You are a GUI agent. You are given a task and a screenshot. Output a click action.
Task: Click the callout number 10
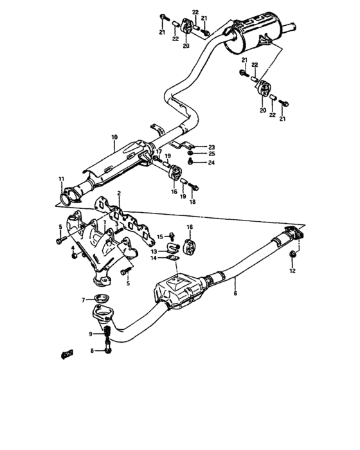tap(114, 137)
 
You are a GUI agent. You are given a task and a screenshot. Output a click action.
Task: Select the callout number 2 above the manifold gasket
tap(119, 193)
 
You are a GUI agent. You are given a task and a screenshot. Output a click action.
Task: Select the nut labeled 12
tap(293, 258)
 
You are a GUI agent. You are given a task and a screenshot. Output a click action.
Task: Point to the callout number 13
tap(154, 251)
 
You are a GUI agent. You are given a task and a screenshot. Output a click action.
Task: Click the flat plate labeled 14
tap(170, 258)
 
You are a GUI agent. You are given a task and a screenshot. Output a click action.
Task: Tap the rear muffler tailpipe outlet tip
tap(291, 28)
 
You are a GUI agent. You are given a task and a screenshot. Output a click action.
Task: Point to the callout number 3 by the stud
tap(116, 224)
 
